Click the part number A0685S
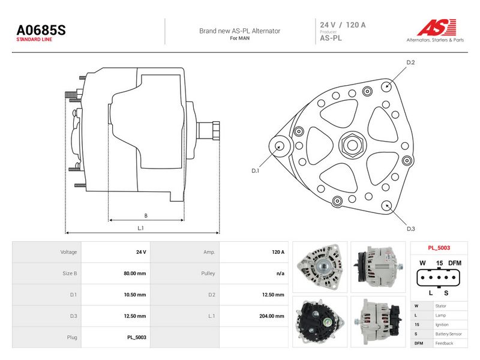41,30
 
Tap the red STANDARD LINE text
34,40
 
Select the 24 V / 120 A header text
343,25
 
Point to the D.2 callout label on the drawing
410,62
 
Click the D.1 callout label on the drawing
256,170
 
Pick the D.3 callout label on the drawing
411,229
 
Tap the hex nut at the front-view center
352,145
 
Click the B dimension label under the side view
146,215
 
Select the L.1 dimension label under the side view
140,228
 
